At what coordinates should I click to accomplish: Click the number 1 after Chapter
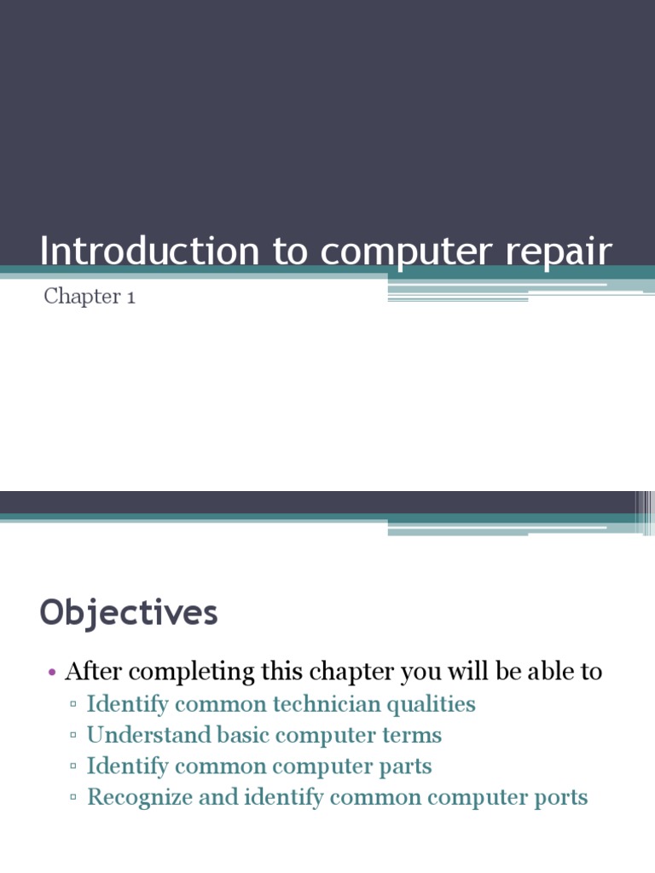coord(130,297)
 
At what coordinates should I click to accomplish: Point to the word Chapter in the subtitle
coord(81,297)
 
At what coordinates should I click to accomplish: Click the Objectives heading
coord(129,613)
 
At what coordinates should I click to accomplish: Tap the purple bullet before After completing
coord(52,673)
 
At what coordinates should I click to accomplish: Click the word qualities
coord(432,705)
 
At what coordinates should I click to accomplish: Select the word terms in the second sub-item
coord(413,735)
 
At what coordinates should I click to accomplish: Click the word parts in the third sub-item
coord(408,766)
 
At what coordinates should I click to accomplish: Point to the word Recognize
coord(140,798)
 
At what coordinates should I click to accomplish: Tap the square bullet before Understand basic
coord(75,735)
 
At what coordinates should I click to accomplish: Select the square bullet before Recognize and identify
coord(75,798)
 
